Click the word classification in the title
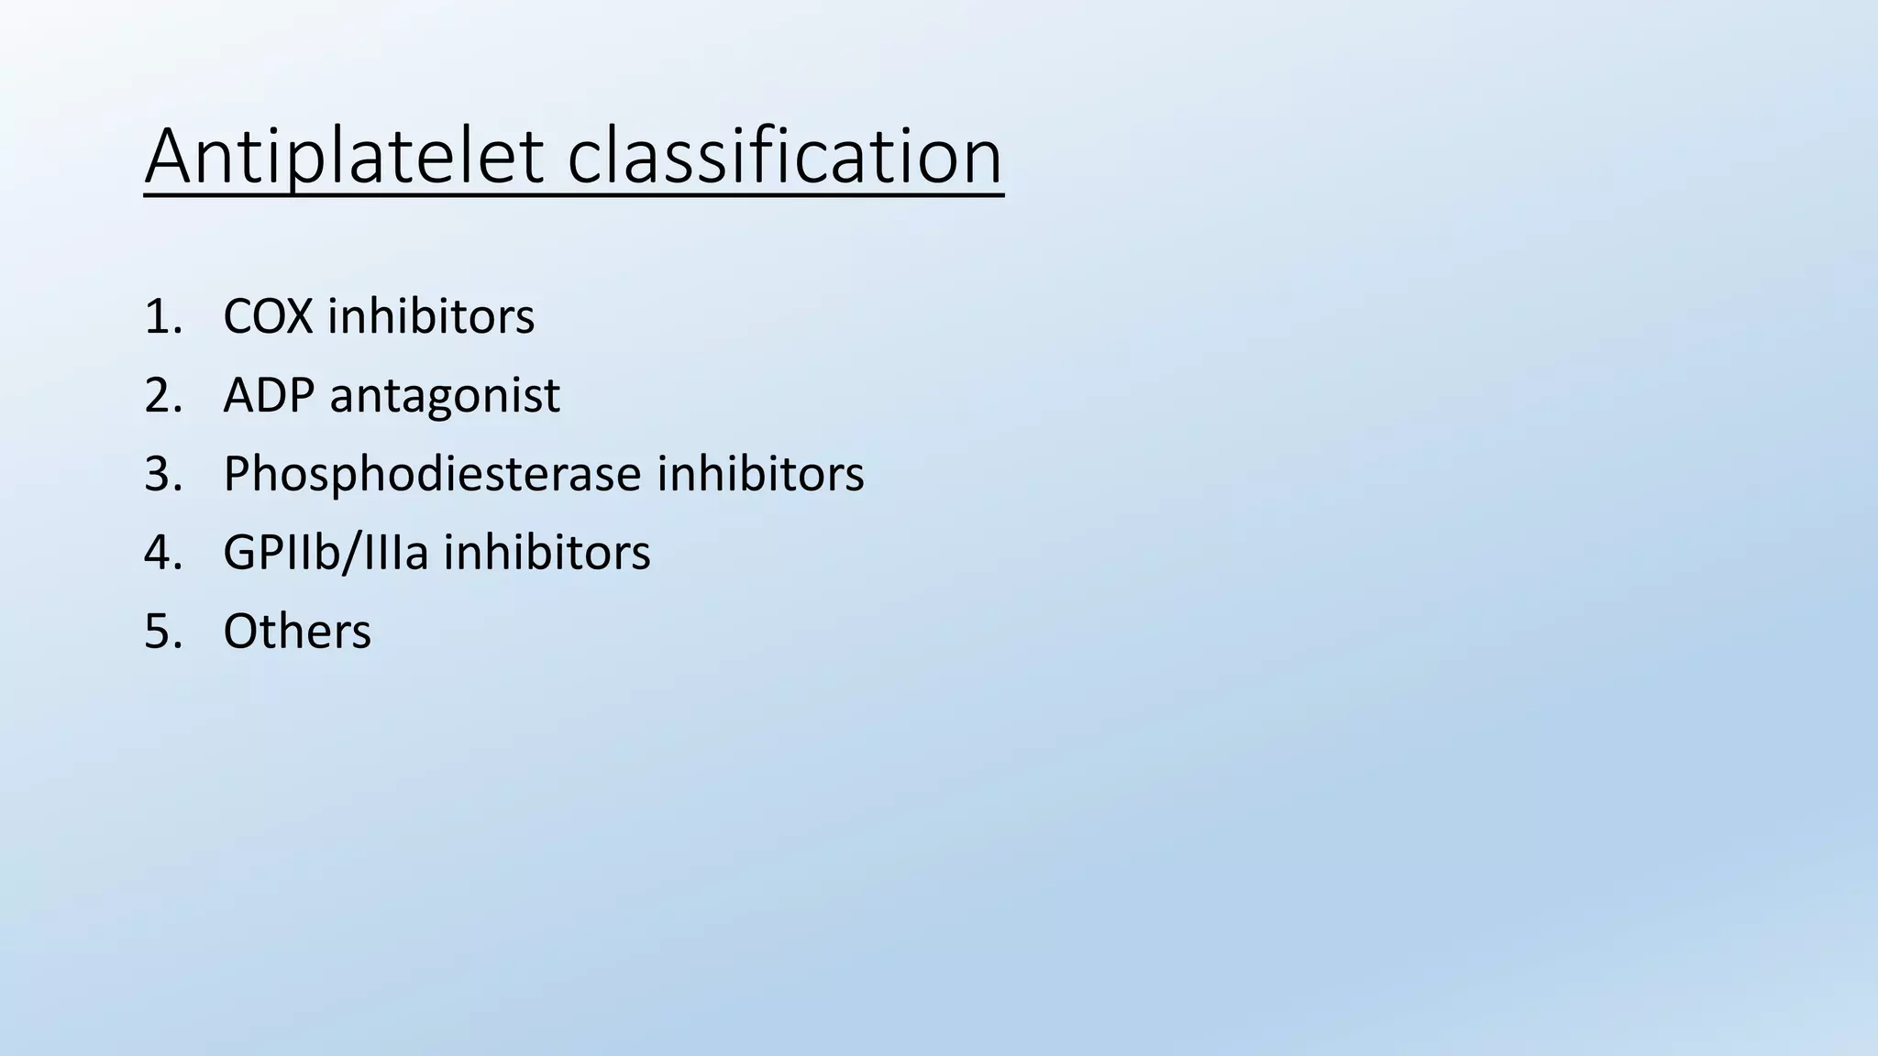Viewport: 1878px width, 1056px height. coord(785,158)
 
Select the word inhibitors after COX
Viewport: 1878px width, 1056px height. coord(431,317)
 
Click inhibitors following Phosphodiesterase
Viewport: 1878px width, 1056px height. coord(760,475)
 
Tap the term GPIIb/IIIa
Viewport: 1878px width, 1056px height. coord(326,554)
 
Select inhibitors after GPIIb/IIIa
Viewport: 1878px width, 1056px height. coord(547,554)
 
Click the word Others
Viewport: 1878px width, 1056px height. coord(297,632)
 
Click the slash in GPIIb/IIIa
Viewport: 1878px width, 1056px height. coord(354,554)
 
